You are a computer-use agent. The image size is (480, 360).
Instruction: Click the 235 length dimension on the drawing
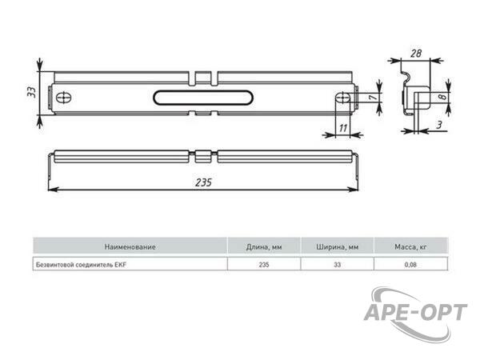[x=203, y=182]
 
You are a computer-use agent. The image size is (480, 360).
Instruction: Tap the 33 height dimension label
[x=31, y=92]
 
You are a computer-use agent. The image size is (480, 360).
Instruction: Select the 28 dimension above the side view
[x=416, y=54]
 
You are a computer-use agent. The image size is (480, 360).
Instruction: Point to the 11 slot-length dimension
[x=343, y=128]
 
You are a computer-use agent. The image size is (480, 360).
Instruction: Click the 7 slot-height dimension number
[x=372, y=98]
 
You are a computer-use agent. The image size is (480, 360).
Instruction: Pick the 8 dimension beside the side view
[x=442, y=97]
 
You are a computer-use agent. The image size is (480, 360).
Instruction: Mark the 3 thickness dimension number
[x=439, y=125]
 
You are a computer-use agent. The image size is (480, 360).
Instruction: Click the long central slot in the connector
[x=203, y=98]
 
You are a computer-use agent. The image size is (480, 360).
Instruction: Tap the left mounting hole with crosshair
[x=64, y=98]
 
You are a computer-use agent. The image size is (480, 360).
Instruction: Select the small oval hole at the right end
[x=343, y=98]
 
